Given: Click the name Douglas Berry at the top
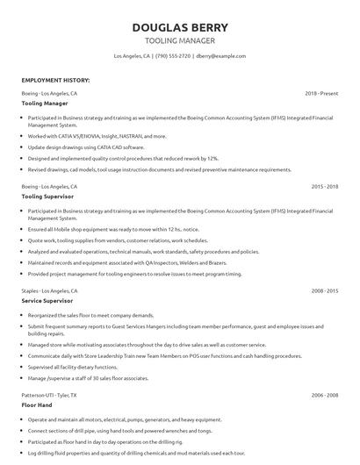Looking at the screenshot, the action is coord(179,26).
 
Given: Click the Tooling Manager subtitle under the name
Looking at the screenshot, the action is coord(179,40).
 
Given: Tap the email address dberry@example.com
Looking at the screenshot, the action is coord(220,55).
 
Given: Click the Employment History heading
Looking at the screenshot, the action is coord(55,80).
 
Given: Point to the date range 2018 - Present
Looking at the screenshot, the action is coord(321,92).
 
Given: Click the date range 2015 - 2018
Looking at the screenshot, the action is coord(324,187).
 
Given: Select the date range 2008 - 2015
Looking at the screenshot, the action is coord(324,290).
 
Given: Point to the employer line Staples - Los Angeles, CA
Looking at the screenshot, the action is coord(50,290).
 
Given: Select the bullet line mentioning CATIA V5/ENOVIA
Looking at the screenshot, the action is coord(97,137).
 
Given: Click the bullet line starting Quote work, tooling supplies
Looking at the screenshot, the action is coord(118,240).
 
